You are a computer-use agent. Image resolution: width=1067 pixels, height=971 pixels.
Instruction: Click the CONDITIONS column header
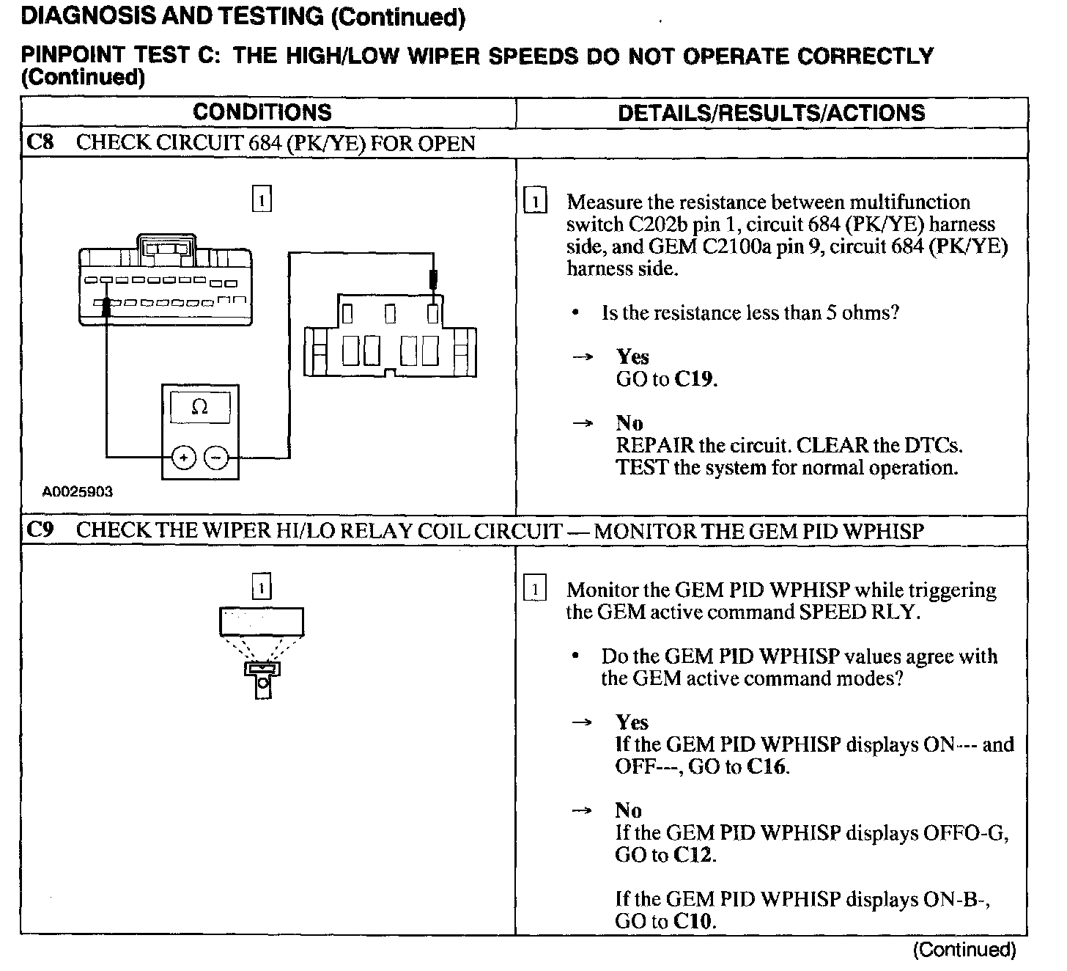point(262,113)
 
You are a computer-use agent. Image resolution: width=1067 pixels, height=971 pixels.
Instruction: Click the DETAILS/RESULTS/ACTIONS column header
point(771,113)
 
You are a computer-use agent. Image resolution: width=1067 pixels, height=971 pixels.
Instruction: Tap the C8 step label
point(40,142)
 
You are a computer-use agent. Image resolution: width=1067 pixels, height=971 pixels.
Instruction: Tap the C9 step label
point(40,530)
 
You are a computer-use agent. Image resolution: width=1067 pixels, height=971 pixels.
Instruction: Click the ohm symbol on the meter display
point(199,407)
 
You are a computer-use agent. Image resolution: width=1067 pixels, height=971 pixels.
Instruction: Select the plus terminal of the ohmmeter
point(183,458)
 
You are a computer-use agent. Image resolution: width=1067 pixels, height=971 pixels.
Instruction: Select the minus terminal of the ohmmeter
point(215,458)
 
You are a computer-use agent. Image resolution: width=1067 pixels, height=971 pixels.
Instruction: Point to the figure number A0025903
point(78,492)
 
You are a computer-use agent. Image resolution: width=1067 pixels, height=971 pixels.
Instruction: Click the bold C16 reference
point(767,767)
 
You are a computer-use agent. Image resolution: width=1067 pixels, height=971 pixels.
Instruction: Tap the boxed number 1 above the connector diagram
point(262,199)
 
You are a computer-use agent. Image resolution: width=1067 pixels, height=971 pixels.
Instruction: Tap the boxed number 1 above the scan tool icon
point(262,587)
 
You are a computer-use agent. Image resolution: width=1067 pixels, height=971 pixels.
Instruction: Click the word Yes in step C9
point(632,722)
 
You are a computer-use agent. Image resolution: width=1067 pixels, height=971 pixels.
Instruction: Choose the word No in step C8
point(629,423)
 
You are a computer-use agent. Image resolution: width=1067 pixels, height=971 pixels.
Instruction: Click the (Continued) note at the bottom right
point(964,950)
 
